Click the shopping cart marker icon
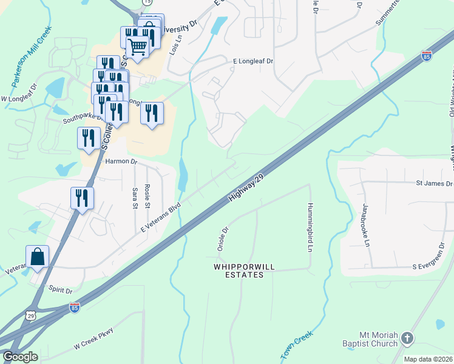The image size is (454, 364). click(138, 45)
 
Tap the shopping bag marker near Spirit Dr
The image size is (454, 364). click(37, 257)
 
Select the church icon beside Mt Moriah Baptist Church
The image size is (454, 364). click(407, 338)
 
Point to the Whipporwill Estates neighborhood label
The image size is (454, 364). click(239, 271)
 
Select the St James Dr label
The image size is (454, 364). click(434, 183)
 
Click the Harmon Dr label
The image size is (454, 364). click(121, 162)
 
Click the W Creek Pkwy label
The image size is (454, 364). click(93, 338)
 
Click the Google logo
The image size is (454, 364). click(20, 357)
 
